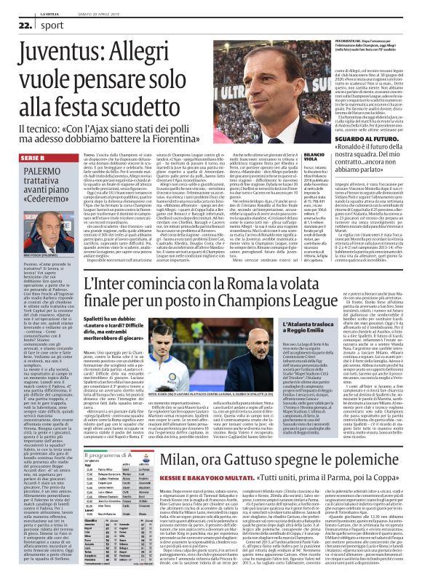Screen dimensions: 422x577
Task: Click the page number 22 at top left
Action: click(16, 24)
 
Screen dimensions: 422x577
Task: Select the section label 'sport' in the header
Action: click(43, 24)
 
